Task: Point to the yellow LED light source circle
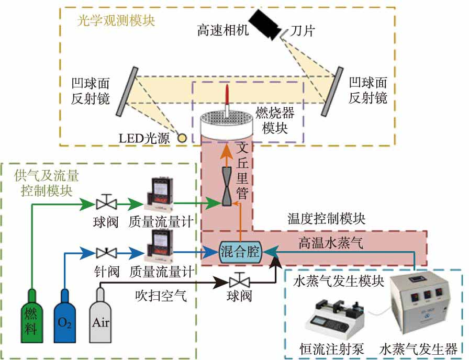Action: (x=182, y=139)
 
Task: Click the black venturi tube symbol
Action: (x=227, y=186)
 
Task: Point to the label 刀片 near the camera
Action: (x=303, y=31)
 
